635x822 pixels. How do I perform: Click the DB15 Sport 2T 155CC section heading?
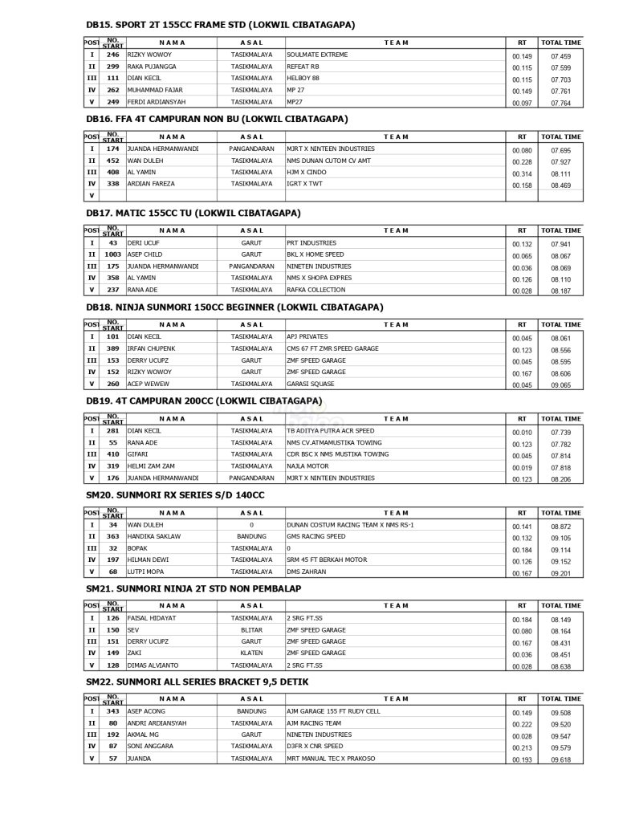(220, 25)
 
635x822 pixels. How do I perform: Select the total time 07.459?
(560, 56)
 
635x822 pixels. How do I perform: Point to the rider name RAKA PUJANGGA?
(152, 67)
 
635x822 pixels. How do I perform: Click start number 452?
(112, 161)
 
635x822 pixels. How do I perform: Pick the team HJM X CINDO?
(307, 173)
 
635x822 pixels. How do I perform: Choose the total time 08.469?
(560, 185)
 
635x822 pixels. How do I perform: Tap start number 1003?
(112, 254)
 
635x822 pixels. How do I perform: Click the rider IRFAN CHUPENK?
(151, 348)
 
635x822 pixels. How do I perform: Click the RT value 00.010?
(522, 432)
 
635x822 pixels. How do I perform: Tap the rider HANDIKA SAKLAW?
(154, 536)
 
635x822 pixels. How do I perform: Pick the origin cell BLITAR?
(251, 630)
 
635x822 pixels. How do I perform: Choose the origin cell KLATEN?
(251, 653)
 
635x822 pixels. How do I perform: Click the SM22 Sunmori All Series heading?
(197, 682)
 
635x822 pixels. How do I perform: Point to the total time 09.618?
(560, 760)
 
